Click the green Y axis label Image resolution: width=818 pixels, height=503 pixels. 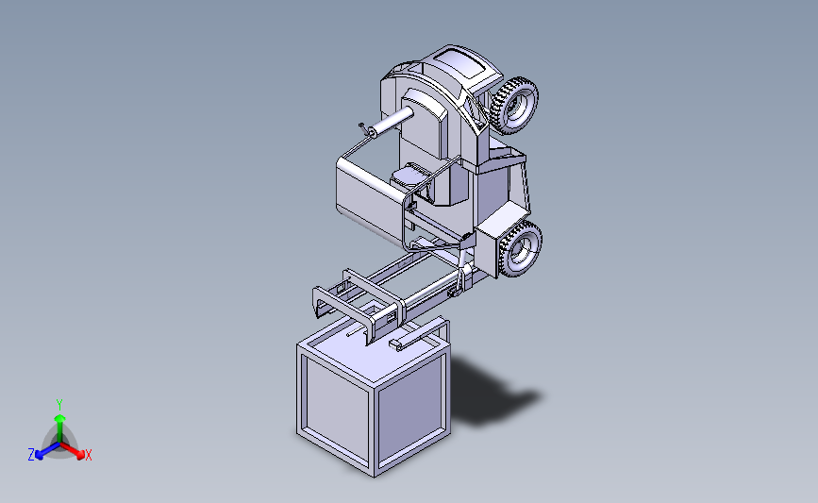pyautogui.click(x=59, y=404)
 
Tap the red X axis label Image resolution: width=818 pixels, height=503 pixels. pyautogui.click(x=89, y=455)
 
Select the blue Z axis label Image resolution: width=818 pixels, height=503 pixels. pyautogui.click(x=31, y=455)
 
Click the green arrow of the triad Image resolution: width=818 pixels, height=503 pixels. pyautogui.click(x=59, y=421)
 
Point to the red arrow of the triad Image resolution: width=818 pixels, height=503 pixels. pyautogui.click(x=75, y=450)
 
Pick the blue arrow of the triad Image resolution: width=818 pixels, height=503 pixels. pyautogui.click(x=43, y=450)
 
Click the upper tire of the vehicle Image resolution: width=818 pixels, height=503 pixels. pyautogui.click(x=515, y=103)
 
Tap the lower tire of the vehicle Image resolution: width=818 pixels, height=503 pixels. pyautogui.click(x=520, y=249)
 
